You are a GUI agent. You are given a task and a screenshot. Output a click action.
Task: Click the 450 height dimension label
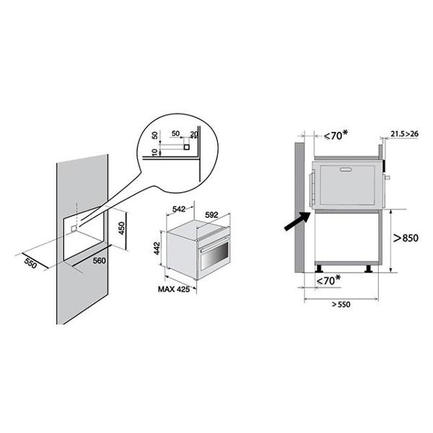122,228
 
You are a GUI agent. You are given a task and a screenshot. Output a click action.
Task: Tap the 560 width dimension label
99,261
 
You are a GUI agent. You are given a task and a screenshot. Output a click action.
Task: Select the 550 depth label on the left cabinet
30,263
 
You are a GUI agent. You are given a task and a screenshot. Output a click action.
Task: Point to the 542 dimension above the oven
179,209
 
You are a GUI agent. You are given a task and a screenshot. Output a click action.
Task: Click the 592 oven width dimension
211,214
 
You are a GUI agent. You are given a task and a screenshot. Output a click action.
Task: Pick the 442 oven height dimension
157,248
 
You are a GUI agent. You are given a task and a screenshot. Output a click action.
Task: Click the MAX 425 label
174,289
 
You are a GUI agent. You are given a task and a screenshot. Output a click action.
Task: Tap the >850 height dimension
406,237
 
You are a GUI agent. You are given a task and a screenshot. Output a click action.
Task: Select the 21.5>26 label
405,134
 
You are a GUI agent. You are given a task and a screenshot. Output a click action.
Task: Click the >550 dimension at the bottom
341,305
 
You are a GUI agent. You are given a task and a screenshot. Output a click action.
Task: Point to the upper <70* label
336,135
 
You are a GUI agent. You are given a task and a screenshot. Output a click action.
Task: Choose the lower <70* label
328,280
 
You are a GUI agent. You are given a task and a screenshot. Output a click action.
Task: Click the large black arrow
297,221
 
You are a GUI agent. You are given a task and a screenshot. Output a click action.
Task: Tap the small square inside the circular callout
187,147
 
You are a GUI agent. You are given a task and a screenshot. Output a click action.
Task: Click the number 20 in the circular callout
194,134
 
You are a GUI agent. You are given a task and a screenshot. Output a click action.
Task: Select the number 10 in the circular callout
155,152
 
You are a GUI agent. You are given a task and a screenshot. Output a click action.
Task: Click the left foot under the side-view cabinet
319,268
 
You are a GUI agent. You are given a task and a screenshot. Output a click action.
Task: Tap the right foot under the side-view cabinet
368,268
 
